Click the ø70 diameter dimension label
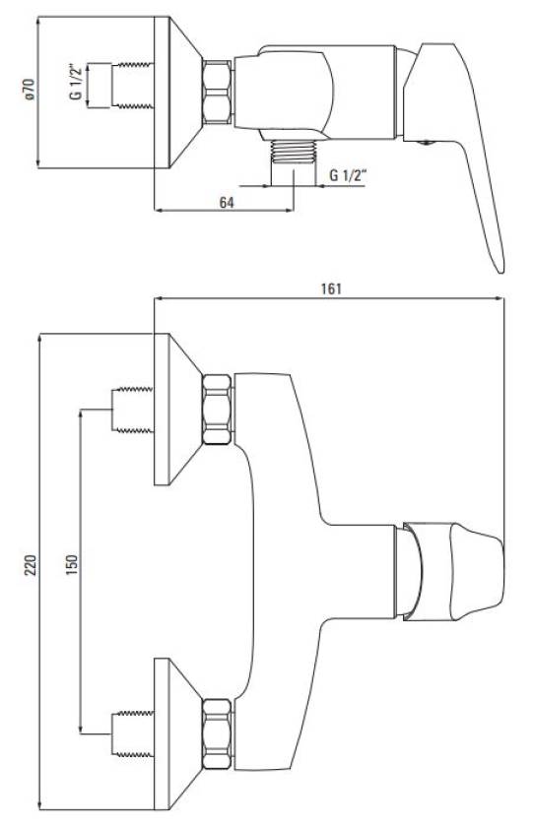[x=29, y=89]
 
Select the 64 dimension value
[x=226, y=202]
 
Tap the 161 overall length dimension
[x=331, y=288]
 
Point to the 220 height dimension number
[x=32, y=565]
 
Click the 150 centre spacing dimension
[x=72, y=564]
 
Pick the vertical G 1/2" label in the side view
[x=76, y=83]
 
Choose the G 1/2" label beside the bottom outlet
[x=348, y=175]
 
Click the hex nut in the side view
[x=217, y=93]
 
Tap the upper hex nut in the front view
[x=217, y=410]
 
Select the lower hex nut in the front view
[x=217, y=734]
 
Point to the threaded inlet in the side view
[x=132, y=86]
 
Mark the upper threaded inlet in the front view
[x=132, y=410]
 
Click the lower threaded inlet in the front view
[x=132, y=734]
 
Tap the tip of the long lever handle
[x=500, y=272]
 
